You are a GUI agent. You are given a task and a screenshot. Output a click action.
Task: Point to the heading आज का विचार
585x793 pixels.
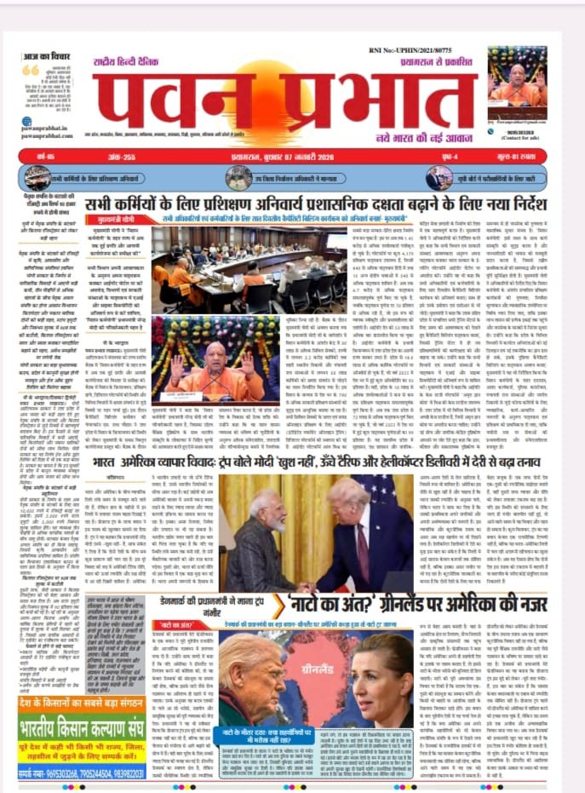point(48,55)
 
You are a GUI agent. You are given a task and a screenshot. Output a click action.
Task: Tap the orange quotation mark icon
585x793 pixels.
point(31,71)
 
